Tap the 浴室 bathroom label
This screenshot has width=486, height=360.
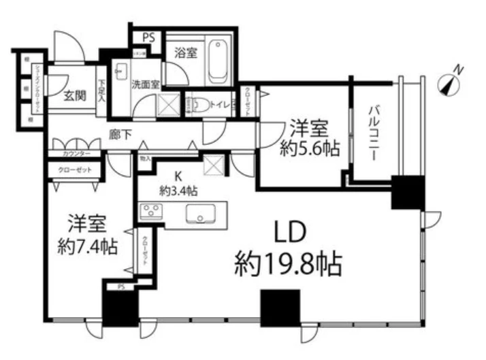click(184, 53)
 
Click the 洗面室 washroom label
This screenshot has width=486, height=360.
click(145, 84)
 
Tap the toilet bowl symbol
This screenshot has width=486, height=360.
click(196, 105)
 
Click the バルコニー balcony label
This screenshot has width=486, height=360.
click(374, 131)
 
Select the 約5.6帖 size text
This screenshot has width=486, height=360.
click(309, 148)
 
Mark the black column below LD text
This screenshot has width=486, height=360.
click(279, 308)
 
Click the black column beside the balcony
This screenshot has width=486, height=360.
click(407, 193)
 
